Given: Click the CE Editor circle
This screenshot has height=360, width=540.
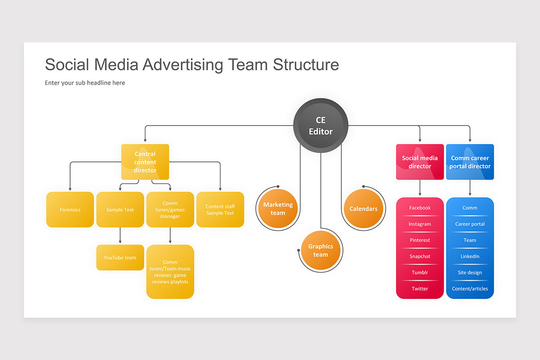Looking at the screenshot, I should point(321,126).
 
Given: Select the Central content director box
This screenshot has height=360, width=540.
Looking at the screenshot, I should point(145,162).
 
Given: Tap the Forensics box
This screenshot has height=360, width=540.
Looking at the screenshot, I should point(70,210).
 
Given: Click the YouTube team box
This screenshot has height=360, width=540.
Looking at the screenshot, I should point(120,258).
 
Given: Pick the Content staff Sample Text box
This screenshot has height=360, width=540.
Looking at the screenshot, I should point(220,210).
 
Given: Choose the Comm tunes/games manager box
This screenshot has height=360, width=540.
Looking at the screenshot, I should point(170,210).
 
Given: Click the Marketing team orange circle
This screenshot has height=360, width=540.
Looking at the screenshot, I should point(278,209).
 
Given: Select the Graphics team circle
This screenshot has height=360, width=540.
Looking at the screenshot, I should point(321,251).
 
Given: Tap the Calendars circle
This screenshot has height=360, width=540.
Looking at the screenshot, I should point(364,209).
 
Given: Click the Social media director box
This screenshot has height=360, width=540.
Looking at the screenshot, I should point(420,162).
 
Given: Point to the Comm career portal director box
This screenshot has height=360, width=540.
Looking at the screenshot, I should point(470,162).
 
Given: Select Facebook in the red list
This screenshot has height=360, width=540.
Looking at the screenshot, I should point(420,208).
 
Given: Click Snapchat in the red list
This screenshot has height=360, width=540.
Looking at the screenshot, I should point(420,256).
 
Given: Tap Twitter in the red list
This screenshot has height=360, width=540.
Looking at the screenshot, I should point(420,289).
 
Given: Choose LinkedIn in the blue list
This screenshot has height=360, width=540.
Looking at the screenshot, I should point(470,256).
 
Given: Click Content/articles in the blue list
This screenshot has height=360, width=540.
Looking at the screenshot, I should point(470,289).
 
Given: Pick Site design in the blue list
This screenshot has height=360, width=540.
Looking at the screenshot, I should point(470,273).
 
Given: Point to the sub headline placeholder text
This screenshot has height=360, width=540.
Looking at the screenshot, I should point(85,83).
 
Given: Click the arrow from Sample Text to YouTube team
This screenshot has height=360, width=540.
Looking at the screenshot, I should point(120,236).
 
